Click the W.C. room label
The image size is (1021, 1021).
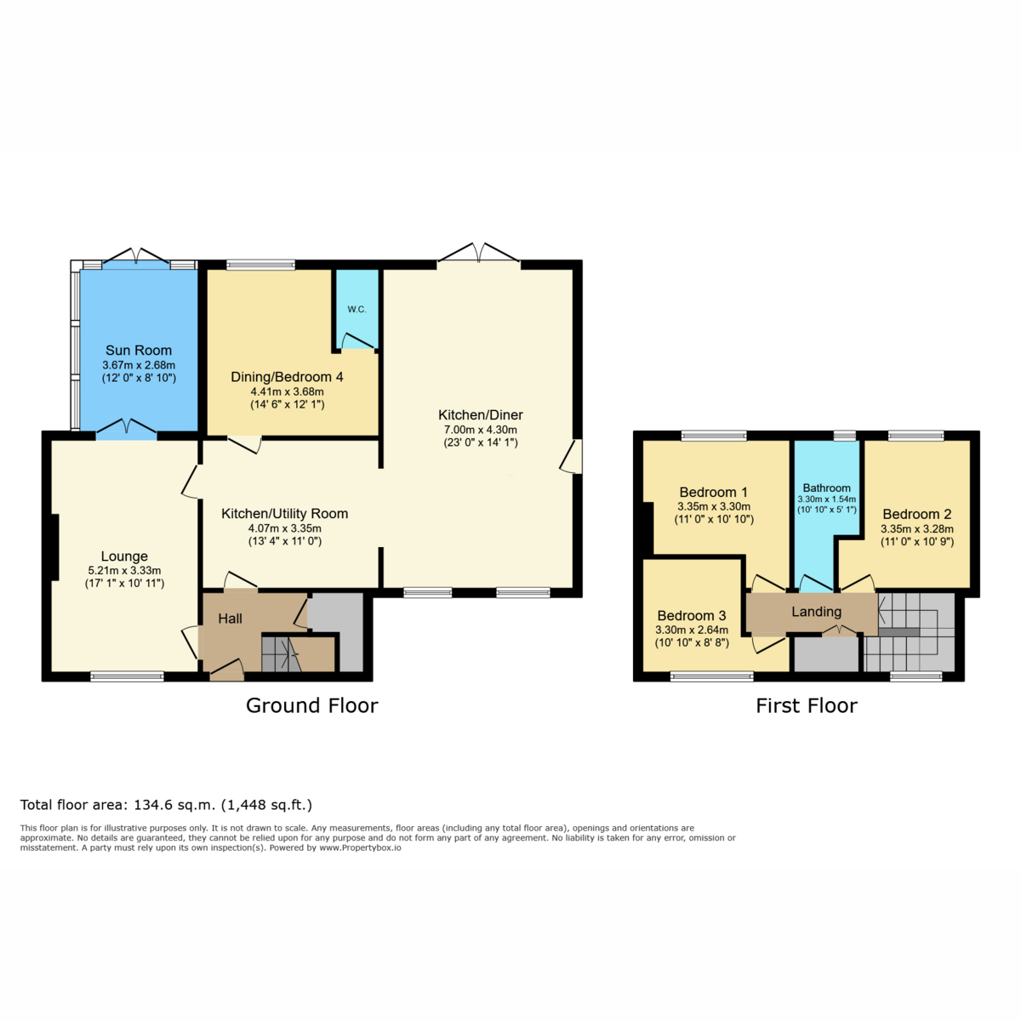tap(356, 310)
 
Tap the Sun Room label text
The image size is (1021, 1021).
tap(139, 351)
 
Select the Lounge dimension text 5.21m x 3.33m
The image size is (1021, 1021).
tap(124, 571)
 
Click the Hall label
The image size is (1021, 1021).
tap(230, 619)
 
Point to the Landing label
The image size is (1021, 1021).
tap(817, 612)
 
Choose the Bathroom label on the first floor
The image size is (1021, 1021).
tap(826, 488)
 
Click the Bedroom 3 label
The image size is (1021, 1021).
tap(692, 616)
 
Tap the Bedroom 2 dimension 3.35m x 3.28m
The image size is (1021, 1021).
tap(917, 528)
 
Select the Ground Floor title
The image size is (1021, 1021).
tap(312, 705)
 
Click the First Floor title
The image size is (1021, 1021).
tap(807, 705)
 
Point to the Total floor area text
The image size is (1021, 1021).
tap(167, 805)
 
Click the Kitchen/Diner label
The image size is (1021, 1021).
tap(481, 415)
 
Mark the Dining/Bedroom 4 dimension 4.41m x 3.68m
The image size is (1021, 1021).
tap(288, 392)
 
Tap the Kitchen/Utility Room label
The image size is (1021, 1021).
tap(284, 513)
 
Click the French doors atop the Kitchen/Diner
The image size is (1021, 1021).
tap(478, 252)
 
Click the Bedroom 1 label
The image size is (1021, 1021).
tap(714, 493)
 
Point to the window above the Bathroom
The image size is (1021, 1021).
tap(845, 436)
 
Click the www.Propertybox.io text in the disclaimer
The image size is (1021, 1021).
tap(360, 847)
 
